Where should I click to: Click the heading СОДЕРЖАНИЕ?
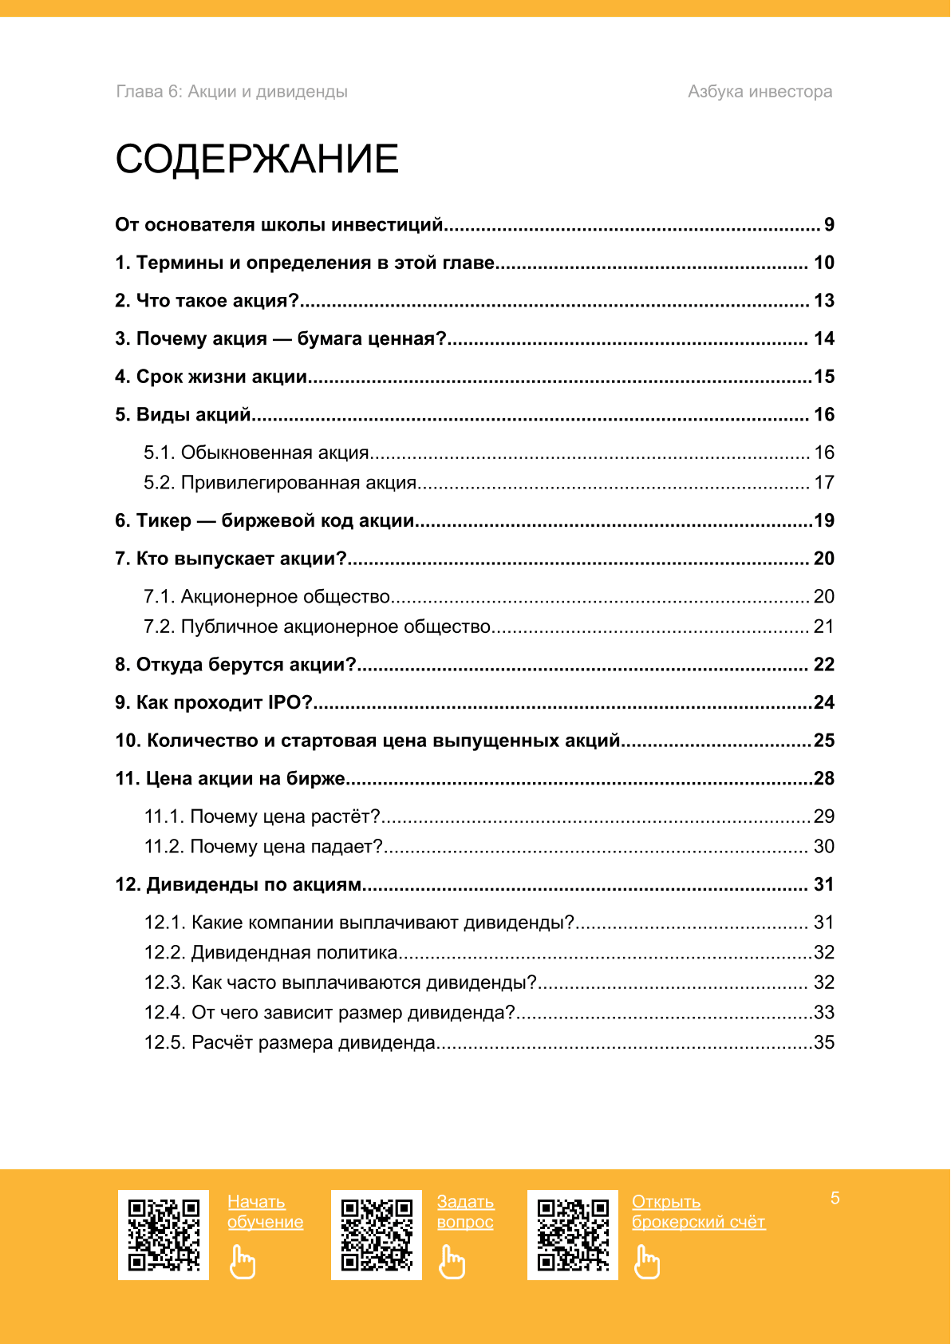click(x=257, y=159)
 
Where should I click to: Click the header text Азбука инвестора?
click(x=760, y=92)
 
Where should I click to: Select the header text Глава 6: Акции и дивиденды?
click(x=232, y=92)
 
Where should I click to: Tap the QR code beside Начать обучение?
click(x=164, y=1235)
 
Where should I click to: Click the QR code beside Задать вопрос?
click(x=377, y=1235)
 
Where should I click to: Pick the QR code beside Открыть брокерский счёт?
click(x=573, y=1235)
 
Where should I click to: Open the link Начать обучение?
click(x=265, y=1212)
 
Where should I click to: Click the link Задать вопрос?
click(x=465, y=1212)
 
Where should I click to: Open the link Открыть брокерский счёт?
click(x=698, y=1212)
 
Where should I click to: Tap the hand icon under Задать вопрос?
click(x=452, y=1262)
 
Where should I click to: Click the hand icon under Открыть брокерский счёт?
click(x=647, y=1262)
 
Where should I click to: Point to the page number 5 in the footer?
click(x=835, y=1198)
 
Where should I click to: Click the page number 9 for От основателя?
click(x=829, y=225)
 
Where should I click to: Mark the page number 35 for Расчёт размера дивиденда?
click(x=824, y=1043)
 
